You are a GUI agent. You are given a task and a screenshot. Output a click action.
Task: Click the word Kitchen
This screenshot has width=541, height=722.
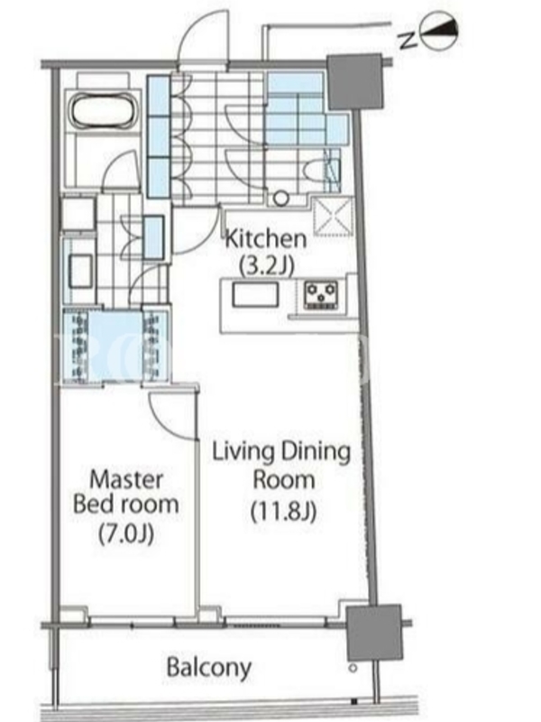click(266, 239)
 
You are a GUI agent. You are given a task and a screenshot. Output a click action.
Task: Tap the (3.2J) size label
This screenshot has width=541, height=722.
click(266, 264)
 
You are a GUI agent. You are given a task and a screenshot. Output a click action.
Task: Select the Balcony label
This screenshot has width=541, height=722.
click(209, 668)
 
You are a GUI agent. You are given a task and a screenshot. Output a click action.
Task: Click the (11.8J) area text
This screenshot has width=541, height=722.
click(284, 511)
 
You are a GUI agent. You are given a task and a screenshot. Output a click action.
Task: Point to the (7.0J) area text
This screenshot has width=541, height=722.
click(126, 533)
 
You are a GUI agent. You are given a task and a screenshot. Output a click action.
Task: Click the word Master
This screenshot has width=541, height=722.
click(126, 480)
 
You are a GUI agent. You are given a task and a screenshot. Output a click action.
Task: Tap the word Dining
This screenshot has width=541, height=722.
click(315, 453)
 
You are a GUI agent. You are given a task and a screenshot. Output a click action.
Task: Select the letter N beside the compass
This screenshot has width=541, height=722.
click(408, 41)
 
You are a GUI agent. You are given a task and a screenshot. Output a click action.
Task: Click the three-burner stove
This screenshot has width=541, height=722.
click(322, 295)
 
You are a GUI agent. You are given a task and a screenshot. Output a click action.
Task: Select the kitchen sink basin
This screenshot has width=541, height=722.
click(255, 295)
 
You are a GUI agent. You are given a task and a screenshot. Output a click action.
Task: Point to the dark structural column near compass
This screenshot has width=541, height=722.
click(354, 82)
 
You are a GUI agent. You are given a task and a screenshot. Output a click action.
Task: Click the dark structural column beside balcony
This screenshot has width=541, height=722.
click(373, 633)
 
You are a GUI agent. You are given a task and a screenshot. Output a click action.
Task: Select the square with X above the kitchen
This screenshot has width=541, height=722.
click(333, 216)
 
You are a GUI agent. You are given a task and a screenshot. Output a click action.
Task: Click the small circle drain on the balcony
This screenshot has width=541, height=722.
click(353, 667)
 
